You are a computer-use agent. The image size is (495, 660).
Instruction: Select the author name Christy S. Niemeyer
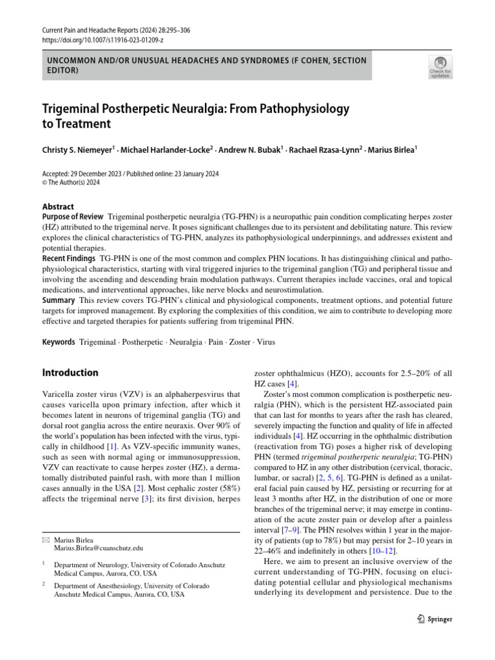click(x=77, y=150)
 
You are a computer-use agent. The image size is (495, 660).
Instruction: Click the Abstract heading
click(x=58, y=207)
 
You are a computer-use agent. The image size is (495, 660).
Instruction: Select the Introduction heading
click(x=70, y=373)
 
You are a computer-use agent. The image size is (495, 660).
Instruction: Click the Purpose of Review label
click(x=72, y=217)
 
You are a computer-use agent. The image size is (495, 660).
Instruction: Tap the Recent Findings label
click(x=68, y=258)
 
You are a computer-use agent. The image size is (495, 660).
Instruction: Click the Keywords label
click(x=59, y=342)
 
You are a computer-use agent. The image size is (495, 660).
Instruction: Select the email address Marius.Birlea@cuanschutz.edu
click(x=99, y=548)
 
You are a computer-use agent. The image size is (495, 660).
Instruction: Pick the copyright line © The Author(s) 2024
click(x=73, y=182)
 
